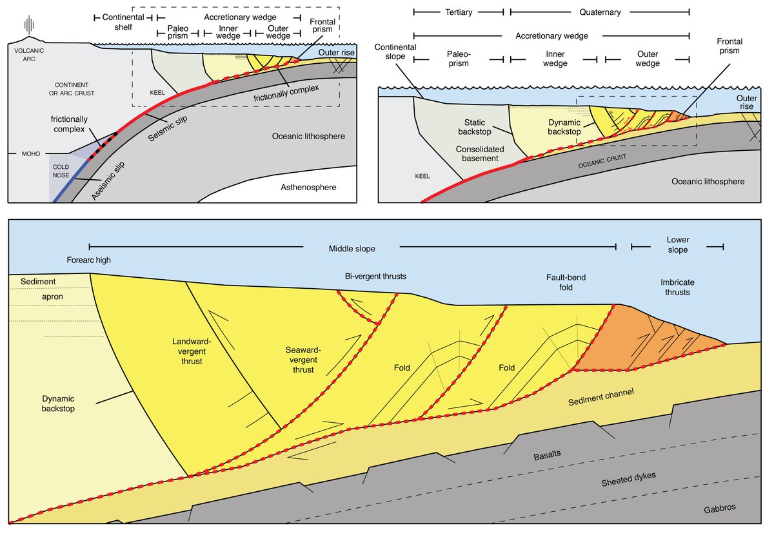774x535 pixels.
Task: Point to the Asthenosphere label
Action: tap(309, 187)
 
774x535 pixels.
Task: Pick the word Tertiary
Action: tap(459, 12)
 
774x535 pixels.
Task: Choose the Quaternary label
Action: tap(600, 12)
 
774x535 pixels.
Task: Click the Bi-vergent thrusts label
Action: tap(366, 276)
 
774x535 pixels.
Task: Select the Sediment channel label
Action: tap(601, 397)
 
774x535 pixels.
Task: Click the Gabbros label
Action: tap(720, 507)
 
